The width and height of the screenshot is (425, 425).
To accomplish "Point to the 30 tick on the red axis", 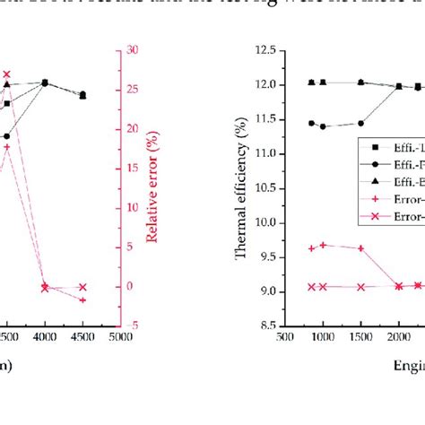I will coord(132,50).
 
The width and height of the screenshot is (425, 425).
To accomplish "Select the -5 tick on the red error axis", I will coord(131,326).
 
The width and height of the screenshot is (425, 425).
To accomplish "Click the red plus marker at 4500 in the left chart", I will coord(82,299).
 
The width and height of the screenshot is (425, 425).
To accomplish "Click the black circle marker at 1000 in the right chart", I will coord(323,126).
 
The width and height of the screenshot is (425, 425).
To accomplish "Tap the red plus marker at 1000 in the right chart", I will coord(323,245).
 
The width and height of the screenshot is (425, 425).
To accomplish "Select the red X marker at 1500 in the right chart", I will coord(360,287).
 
